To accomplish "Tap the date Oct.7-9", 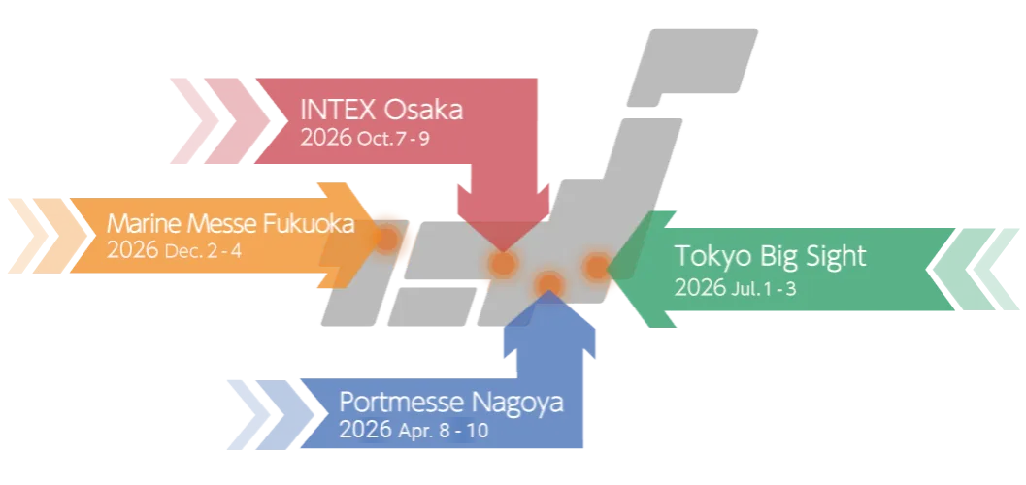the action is [x=393, y=138].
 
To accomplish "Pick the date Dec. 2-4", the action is [x=203, y=251].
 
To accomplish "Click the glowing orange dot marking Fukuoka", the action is [x=387, y=238].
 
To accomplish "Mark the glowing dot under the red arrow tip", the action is [x=502, y=263].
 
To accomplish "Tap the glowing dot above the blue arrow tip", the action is [x=549, y=282].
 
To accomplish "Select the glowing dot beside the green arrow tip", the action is [x=595, y=265].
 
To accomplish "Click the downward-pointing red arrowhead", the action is [x=502, y=217].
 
